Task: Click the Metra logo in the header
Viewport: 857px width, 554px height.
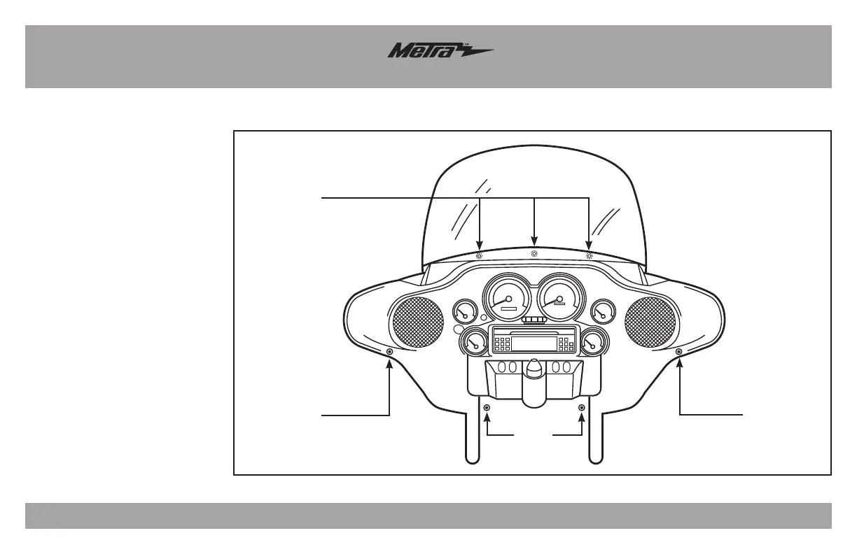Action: coord(440,52)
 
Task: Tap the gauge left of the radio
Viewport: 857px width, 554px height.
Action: coord(474,342)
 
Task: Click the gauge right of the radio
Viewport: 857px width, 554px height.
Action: coord(593,342)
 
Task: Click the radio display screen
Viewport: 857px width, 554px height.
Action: coord(534,344)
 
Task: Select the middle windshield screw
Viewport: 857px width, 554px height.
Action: coord(534,253)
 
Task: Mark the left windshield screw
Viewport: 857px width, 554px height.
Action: coord(480,255)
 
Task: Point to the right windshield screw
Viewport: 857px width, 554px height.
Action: coord(589,255)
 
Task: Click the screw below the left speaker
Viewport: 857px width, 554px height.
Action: coord(389,351)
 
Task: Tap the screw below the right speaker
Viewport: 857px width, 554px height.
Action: coord(678,351)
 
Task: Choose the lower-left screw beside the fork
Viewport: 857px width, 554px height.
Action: coord(487,408)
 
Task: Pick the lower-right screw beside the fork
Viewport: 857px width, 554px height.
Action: coord(581,408)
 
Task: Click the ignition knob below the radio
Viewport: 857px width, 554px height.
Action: coord(534,369)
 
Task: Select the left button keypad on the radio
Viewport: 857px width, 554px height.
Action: coord(502,344)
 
